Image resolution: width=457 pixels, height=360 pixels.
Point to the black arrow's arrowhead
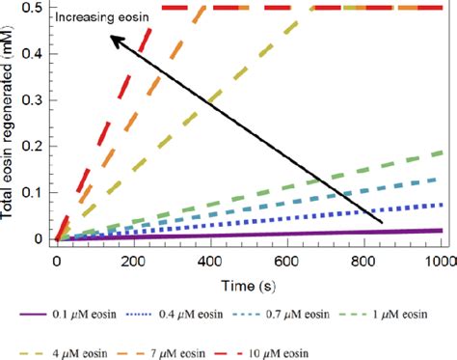coord(112,40)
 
